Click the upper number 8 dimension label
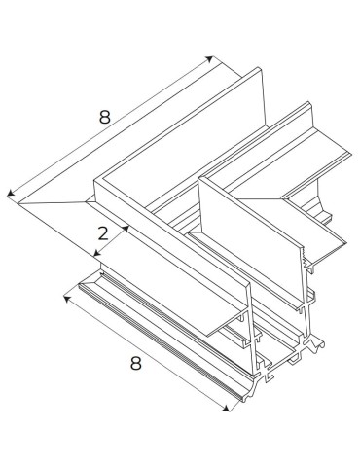pos(104,116)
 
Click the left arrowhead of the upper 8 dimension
pos(9,195)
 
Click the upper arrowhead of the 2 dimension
pos(127,228)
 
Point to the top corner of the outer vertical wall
pos(95,181)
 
